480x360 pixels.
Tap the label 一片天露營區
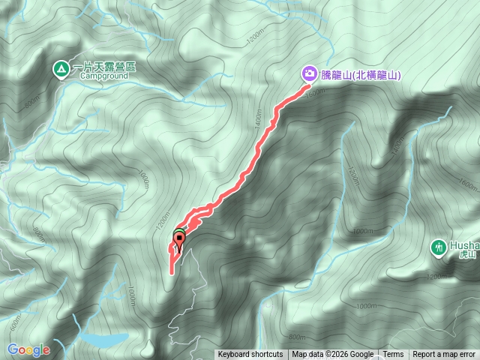pos(104,67)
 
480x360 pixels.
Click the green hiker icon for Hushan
pos(439,246)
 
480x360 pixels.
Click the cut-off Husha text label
pos(464,245)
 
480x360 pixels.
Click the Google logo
pos(28,349)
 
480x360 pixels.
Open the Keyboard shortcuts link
pos(250,355)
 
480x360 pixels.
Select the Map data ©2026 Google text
pos(332,355)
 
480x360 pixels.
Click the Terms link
pos(393,355)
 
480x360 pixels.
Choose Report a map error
pos(444,355)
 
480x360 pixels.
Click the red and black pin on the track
pos(178,241)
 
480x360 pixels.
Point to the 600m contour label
pos(14,322)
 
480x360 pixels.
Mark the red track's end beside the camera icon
pos(307,86)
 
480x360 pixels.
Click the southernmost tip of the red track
pos(172,272)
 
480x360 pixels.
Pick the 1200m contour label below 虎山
pos(436,277)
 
